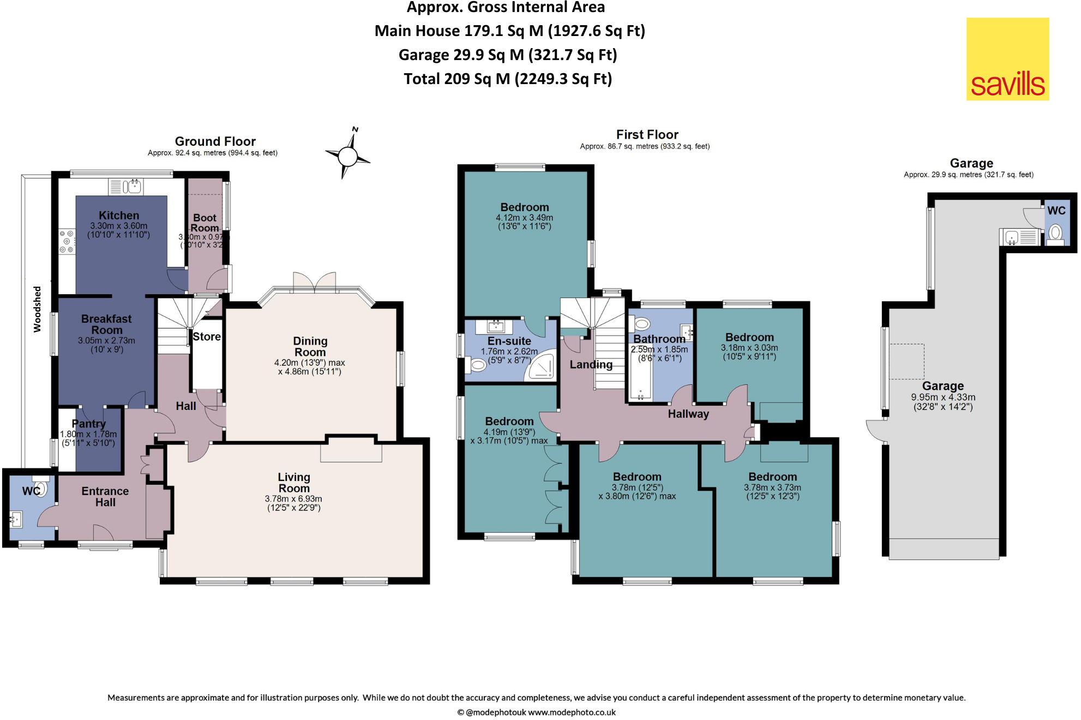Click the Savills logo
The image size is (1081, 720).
coord(1007,59)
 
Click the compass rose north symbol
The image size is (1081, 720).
coord(347,156)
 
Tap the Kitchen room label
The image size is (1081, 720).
coord(119,216)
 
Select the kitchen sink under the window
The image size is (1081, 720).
coord(131,187)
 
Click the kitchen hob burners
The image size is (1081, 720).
coord(67,241)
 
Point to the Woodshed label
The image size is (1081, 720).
coord(37,309)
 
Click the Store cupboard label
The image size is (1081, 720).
coord(207,337)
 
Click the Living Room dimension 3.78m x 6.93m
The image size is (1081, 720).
coord(293,499)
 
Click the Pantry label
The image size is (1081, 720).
coord(88,424)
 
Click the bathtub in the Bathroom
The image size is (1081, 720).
coord(641,376)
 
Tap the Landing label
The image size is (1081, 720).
coord(591,365)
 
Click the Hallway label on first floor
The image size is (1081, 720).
coord(688,414)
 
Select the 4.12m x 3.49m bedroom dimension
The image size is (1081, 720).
coord(524,218)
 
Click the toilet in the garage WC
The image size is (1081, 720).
coord(1055,233)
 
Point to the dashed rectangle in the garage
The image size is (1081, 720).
coord(906,361)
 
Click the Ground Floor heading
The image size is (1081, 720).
coord(215,141)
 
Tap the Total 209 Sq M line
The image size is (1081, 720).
coord(508,79)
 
